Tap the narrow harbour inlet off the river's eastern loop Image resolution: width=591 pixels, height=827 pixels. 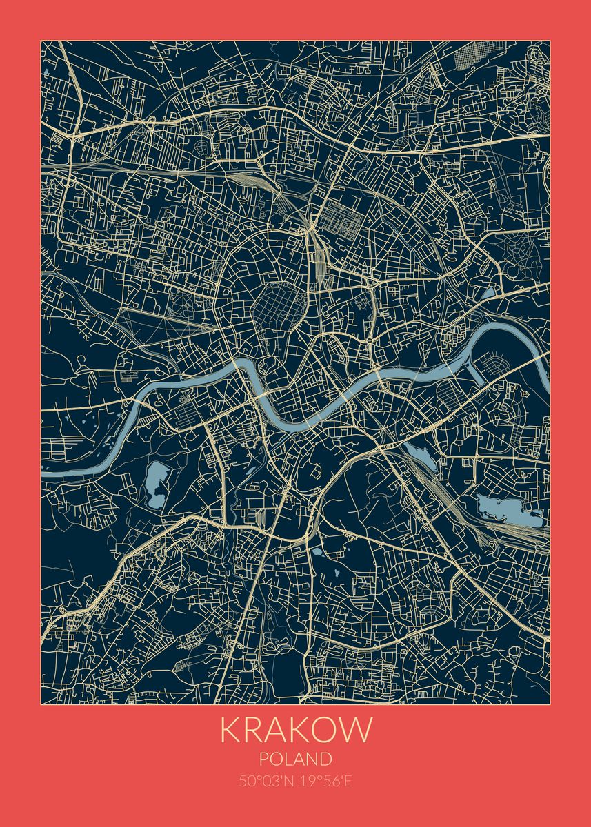(476, 372)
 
